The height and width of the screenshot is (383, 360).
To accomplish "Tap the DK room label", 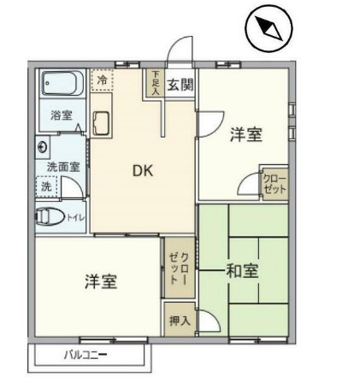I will coord(142,171).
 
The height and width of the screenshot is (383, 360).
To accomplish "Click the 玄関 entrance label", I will coord(180,84).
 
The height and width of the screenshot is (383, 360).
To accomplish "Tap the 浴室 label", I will coord(62,116).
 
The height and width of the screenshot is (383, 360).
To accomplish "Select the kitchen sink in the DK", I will coord(101,124).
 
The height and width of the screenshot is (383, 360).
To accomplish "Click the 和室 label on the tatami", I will coord(243,272).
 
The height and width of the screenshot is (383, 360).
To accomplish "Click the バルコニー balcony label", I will coord(85,354).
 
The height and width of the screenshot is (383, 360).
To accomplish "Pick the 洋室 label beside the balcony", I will coord(101,281).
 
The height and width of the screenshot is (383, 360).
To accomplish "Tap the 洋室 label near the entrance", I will coord(246,135).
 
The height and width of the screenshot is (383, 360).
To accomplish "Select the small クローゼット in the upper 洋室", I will coord(274,184).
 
